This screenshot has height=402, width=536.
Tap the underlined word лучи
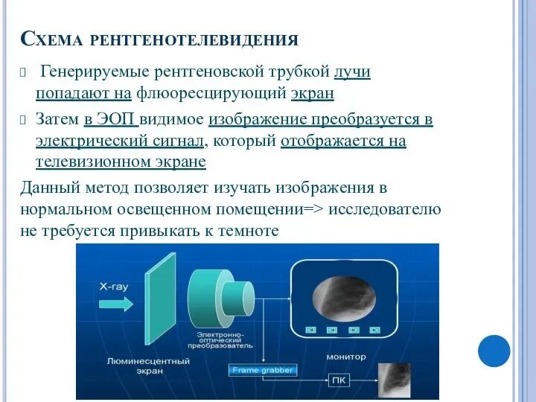353,72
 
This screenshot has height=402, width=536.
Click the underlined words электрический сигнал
118,141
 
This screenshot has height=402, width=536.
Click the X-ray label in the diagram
115,285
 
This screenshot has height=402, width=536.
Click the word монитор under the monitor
345,357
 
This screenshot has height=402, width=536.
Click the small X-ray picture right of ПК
395,379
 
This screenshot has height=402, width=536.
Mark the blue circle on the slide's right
494,351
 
